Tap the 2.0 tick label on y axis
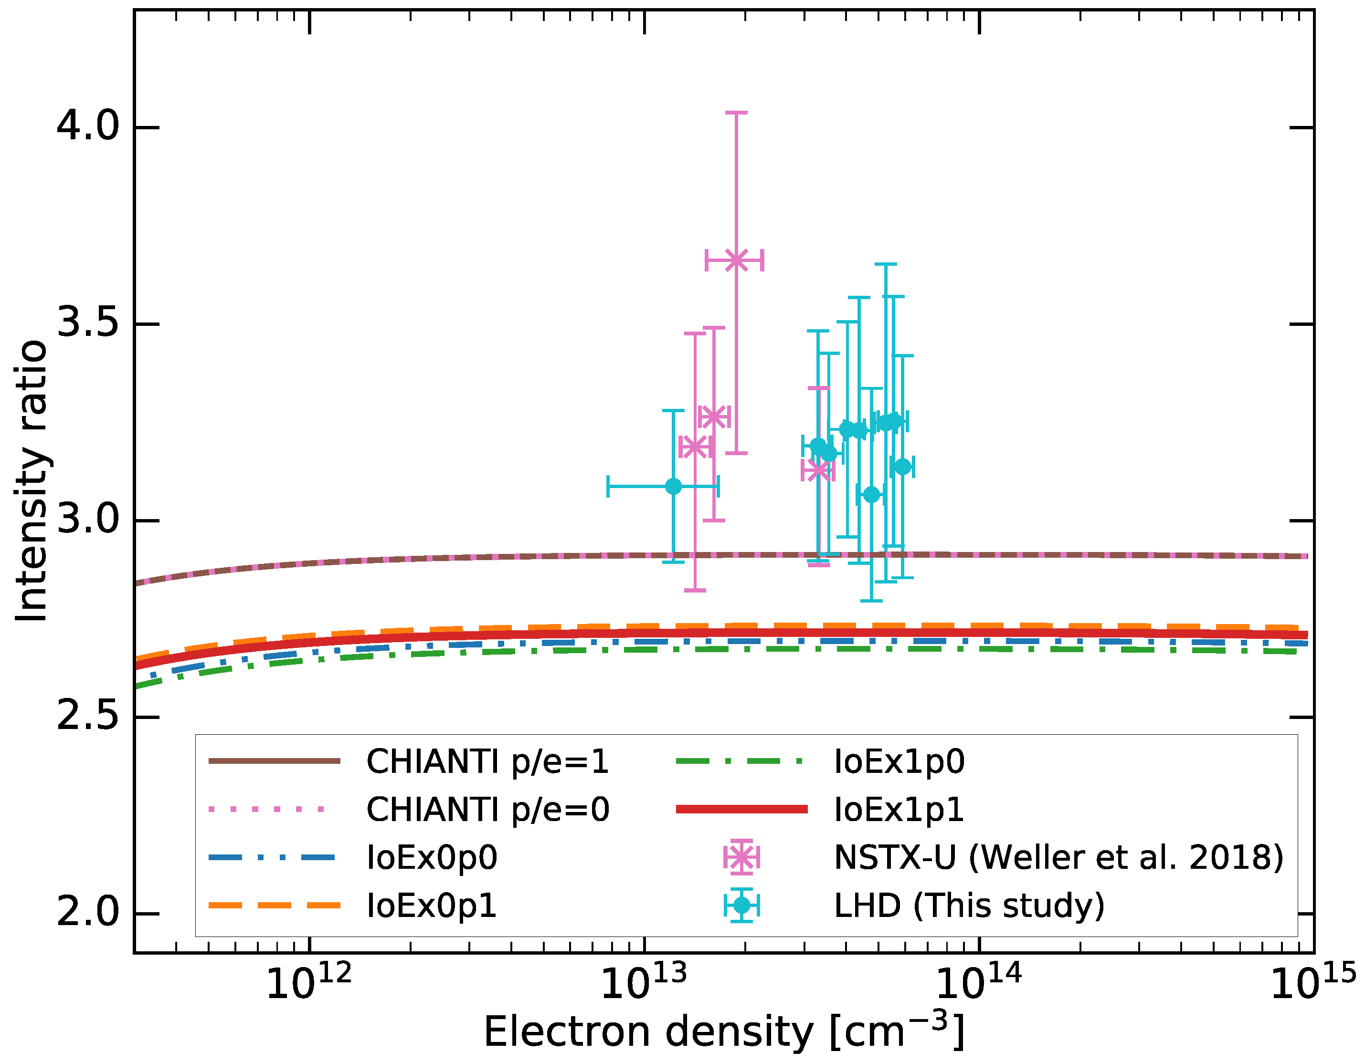(x=87, y=913)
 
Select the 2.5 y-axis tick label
(x=87, y=716)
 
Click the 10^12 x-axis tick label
(x=309, y=983)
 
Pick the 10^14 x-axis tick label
(x=979, y=983)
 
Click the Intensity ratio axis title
(x=31, y=481)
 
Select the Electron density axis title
(x=724, y=1032)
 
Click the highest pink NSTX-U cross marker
(x=736, y=260)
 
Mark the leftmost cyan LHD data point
(x=673, y=486)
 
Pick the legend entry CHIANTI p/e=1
(x=487, y=761)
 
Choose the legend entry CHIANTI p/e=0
(x=487, y=810)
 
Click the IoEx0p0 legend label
(x=432, y=858)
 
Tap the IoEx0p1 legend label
(x=432, y=906)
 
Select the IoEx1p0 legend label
(x=899, y=761)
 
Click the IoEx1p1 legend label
(x=899, y=810)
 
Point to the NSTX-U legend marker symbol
(x=741, y=858)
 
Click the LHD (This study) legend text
(x=969, y=906)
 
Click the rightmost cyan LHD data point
(x=902, y=467)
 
